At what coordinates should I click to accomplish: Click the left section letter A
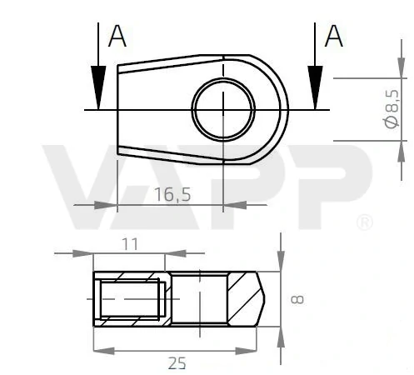pos(117,37)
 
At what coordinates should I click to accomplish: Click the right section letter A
pos(333,37)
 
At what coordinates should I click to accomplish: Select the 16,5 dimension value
pos(172,194)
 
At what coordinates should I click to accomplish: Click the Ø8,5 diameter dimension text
pos(392,110)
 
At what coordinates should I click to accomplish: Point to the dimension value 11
pos(129,243)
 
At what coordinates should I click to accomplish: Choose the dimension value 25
pos(177,363)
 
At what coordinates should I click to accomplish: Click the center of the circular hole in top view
pos(223,109)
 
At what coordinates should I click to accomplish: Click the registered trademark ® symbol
pos(364,222)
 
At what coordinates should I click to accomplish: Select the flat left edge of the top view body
pos(117,109)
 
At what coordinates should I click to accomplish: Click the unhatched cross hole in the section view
pos(200,298)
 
